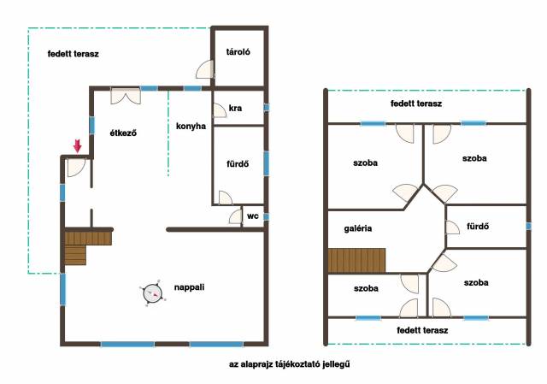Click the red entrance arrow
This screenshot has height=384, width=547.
click(x=78, y=145)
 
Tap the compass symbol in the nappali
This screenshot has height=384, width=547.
click(x=152, y=293)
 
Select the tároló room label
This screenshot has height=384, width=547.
click(x=238, y=52)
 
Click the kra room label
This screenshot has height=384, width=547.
click(x=235, y=109)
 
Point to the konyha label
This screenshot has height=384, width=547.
click(x=191, y=126)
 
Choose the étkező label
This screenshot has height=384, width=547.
click(x=123, y=133)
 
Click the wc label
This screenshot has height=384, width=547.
click(x=253, y=216)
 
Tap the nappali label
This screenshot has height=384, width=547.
click(x=189, y=287)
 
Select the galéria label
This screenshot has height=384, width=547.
click(x=358, y=228)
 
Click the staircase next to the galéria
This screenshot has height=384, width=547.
click(x=356, y=261)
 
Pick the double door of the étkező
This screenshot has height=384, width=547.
click(x=126, y=96)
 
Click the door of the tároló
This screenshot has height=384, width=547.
click(x=205, y=69)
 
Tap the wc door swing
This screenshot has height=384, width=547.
click(x=236, y=216)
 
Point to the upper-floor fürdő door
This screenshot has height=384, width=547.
click(x=452, y=227)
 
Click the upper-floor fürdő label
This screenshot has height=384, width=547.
click(x=478, y=227)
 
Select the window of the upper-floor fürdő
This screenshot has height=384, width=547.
click(x=528, y=227)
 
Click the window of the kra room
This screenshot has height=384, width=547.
click(x=266, y=107)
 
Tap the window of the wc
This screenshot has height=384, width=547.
click(x=266, y=217)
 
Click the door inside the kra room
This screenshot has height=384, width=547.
click(x=220, y=110)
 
